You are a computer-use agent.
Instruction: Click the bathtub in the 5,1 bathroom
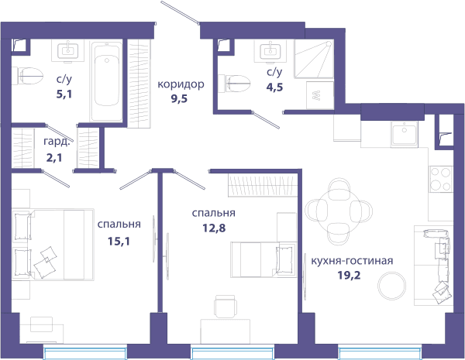[x=107, y=81]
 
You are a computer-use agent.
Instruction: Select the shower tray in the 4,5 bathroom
[x=314, y=60]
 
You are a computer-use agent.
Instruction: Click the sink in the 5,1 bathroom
[x=68, y=51]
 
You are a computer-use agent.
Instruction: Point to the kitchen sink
[x=404, y=134]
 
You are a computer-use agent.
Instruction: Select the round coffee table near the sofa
[x=391, y=286]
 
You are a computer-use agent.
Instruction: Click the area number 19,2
[x=349, y=276]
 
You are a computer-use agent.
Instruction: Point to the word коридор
[x=181, y=84]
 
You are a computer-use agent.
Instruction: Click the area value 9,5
[x=179, y=98]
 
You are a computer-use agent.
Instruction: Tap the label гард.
[x=57, y=142]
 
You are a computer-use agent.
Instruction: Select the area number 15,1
[x=119, y=242]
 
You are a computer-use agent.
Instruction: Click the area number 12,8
[x=214, y=228]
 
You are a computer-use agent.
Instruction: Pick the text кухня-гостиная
[x=352, y=261]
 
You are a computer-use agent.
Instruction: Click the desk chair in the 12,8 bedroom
[x=226, y=307]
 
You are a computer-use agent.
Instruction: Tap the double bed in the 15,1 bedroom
[x=53, y=244]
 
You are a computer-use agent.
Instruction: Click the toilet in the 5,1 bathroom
[x=27, y=76]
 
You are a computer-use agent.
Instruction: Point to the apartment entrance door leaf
[x=180, y=12]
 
